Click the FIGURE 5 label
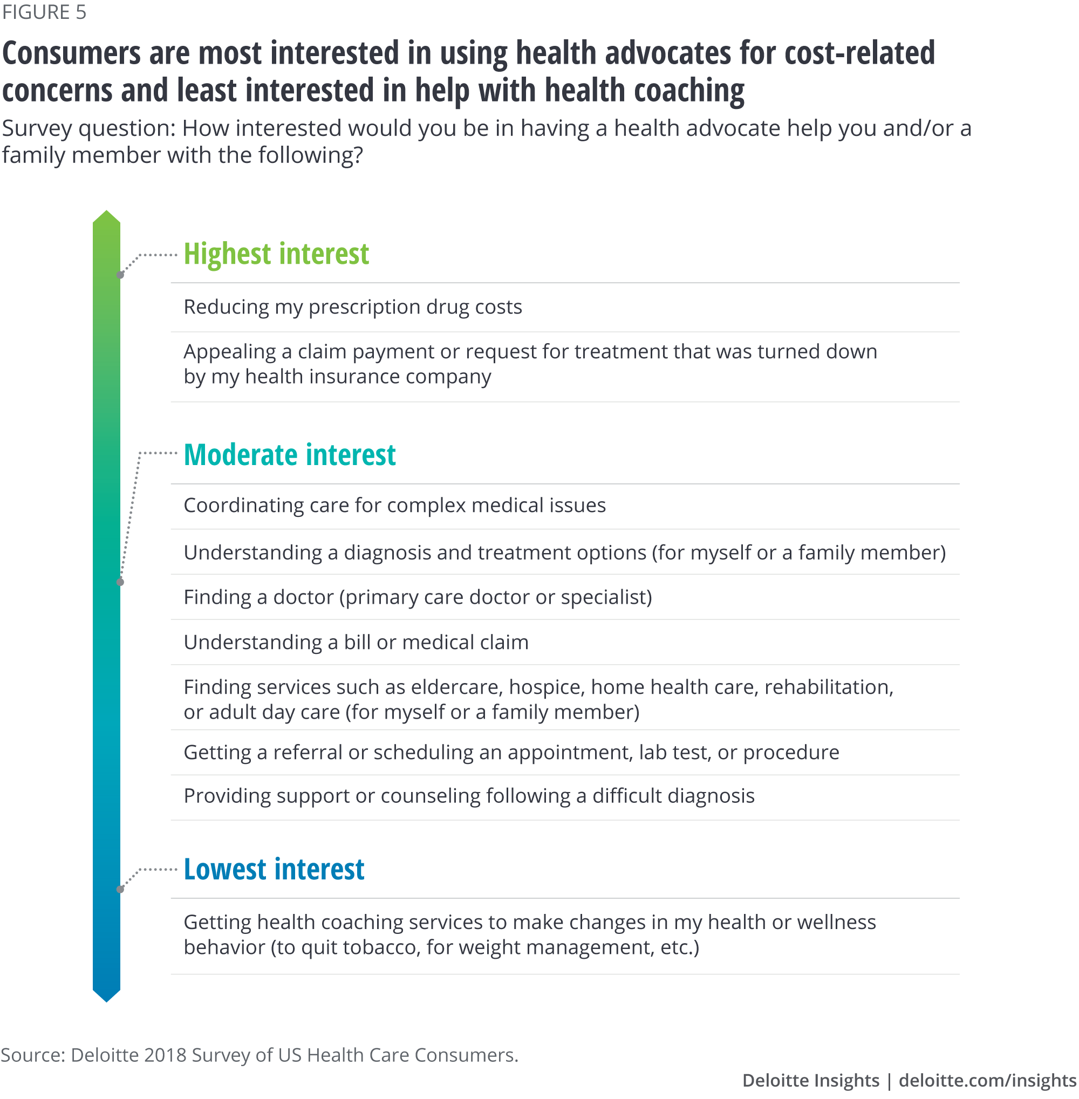44,12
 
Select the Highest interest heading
276,254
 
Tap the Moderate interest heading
290,455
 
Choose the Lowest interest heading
274,869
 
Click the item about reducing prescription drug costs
352,307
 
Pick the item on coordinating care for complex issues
394,505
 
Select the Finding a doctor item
418,597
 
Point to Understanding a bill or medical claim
356,642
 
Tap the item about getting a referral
511,752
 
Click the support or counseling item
469,796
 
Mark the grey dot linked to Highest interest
120,275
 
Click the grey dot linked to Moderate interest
120,582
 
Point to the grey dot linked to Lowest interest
120,889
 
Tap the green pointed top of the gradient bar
106,211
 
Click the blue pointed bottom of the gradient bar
106,1001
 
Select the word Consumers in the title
71,54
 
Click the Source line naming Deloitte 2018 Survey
259,1055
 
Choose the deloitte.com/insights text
988,1080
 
